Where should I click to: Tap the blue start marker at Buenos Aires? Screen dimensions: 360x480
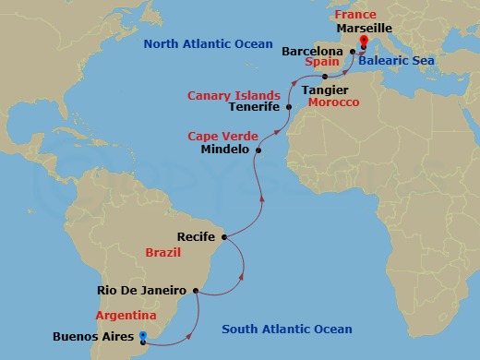[143, 341]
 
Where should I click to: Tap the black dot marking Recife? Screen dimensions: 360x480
[224, 237]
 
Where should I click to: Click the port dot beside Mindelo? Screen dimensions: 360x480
[258, 150]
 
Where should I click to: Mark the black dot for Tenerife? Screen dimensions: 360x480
[289, 107]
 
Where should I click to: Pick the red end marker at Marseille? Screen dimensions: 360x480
[362, 42]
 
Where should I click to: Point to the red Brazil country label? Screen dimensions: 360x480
[162, 252]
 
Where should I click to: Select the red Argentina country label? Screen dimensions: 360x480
[126, 315]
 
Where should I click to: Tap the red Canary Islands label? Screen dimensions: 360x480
[234, 94]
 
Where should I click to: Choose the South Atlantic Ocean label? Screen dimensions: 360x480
[287, 330]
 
